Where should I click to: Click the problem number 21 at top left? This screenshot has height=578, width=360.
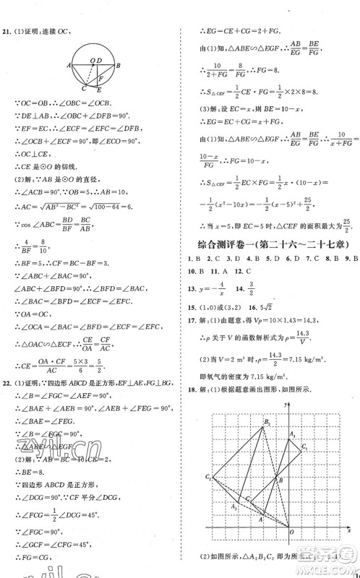[x=7, y=11]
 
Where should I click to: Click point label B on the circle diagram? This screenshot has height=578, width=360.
[x=119, y=65]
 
